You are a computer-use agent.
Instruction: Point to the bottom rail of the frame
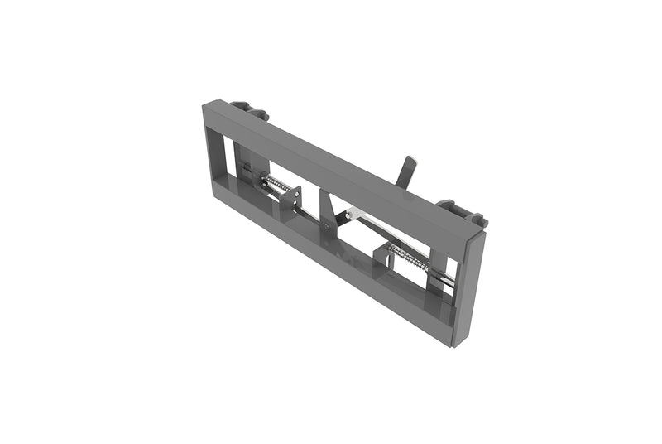(331, 265)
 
